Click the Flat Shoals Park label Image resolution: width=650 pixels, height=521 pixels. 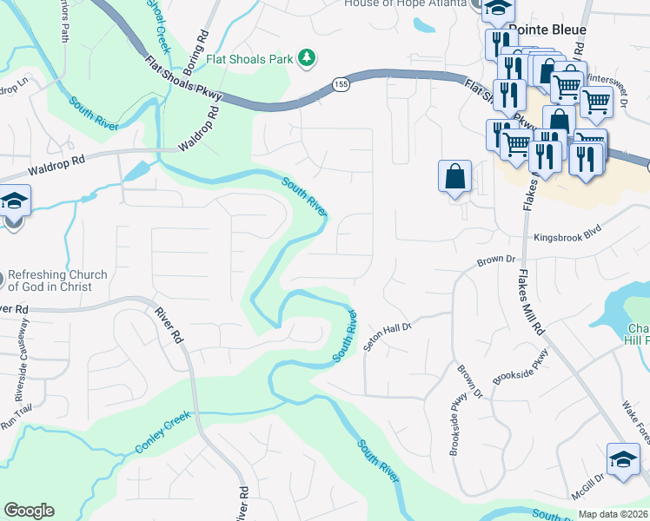(249, 60)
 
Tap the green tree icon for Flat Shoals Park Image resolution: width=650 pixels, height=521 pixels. (305, 58)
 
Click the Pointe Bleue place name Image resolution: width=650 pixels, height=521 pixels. (547, 30)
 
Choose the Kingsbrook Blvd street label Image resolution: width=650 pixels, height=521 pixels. (567, 236)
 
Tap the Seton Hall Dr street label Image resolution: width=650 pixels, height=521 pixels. (386, 334)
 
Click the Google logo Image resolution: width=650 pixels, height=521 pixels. (29, 511)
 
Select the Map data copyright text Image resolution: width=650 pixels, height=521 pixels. (614, 514)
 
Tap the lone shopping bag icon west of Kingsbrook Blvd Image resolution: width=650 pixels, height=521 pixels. (455, 176)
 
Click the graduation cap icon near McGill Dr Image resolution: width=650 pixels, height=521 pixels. (623, 459)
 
